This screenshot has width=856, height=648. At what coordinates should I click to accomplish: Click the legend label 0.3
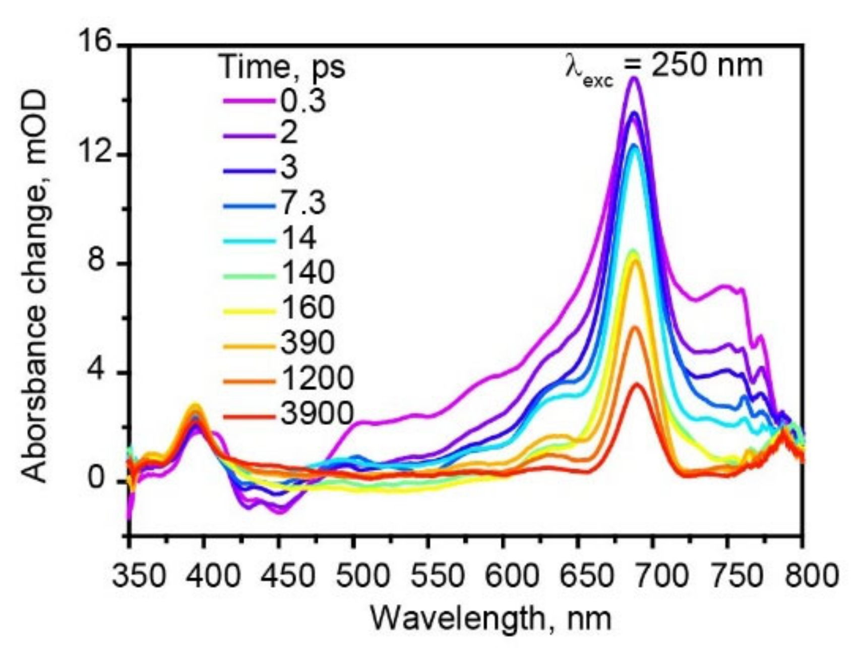pos(303,100)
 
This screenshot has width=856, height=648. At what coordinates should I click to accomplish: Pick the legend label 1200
pos(317,379)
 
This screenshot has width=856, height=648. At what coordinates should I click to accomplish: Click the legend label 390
pos(308,343)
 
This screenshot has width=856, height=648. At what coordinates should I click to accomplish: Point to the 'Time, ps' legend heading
pos(282,67)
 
